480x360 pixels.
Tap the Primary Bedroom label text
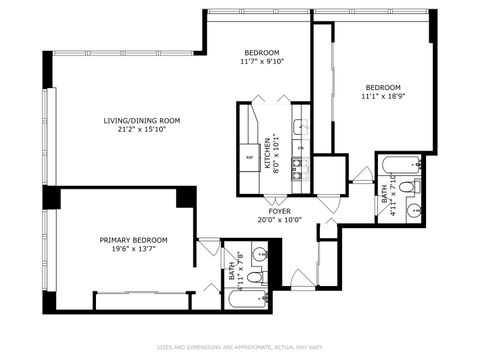point(133,240)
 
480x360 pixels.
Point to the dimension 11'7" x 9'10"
point(262,62)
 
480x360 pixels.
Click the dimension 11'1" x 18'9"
point(382,97)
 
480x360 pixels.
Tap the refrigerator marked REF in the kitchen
point(250,157)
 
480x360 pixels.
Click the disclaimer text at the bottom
point(240,348)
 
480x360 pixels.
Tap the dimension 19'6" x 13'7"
point(133,250)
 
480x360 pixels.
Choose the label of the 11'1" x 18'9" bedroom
point(382,87)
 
